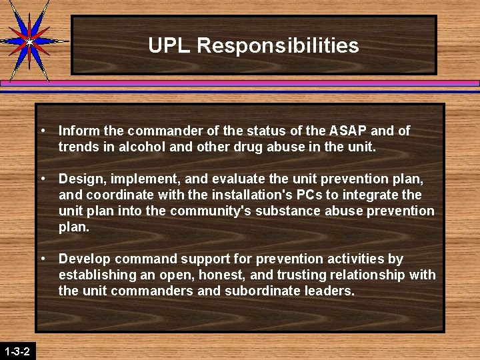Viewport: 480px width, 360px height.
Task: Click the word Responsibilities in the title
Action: (278, 46)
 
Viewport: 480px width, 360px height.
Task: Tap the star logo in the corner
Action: (29, 40)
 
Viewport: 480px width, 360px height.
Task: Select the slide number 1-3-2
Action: (17, 351)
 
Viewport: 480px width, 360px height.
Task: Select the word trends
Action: (77, 147)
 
